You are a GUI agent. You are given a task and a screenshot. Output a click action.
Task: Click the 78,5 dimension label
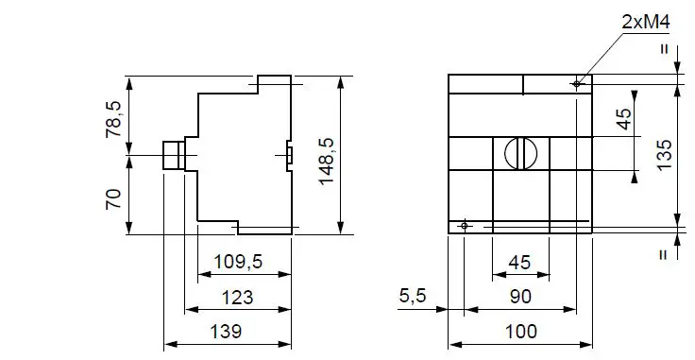pyautogui.click(x=113, y=120)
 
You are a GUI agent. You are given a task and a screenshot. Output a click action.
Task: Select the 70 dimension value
pyautogui.click(x=113, y=199)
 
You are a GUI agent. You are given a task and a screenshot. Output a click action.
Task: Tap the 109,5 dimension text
pyautogui.click(x=238, y=262)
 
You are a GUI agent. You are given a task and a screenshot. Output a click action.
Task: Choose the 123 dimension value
pyautogui.click(x=238, y=297)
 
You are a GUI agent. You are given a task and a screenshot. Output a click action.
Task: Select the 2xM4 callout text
pyautogui.click(x=642, y=20)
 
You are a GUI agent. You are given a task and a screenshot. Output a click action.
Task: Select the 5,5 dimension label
pyautogui.click(x=413, y=297)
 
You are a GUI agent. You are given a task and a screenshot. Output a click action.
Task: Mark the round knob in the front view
pyautogui.click(x=520, y=152)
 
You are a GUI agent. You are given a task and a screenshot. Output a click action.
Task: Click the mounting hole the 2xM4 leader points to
pyautogui.click(x=576, y=84)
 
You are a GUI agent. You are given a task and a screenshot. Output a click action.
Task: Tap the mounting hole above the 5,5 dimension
pyautogui.click(x=464, y=225)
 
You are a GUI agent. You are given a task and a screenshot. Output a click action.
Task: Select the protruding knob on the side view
pyautogui.click(x=172, y=154)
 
